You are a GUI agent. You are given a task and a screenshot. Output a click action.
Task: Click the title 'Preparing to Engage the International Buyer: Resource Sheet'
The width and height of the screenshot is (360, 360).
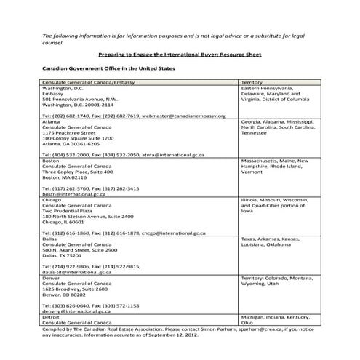pos(179,55)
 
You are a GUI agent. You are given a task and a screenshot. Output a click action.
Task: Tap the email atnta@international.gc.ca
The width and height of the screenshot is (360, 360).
pos(180,155)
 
